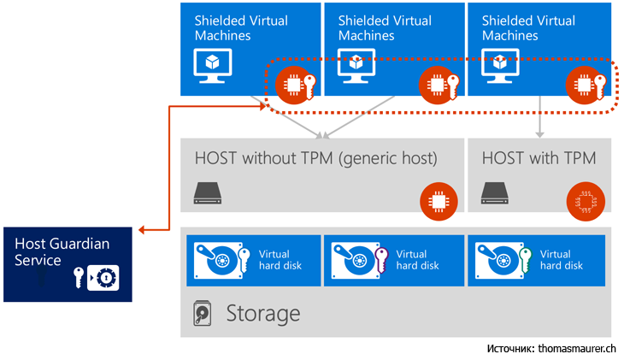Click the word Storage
click(262, 313)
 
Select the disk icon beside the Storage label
click(202, 314)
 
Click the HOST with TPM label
click(539, 157)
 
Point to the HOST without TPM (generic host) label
click(315, 157)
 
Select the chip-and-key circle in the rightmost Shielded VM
click(588, 85)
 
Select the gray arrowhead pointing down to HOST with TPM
click(539, 133)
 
